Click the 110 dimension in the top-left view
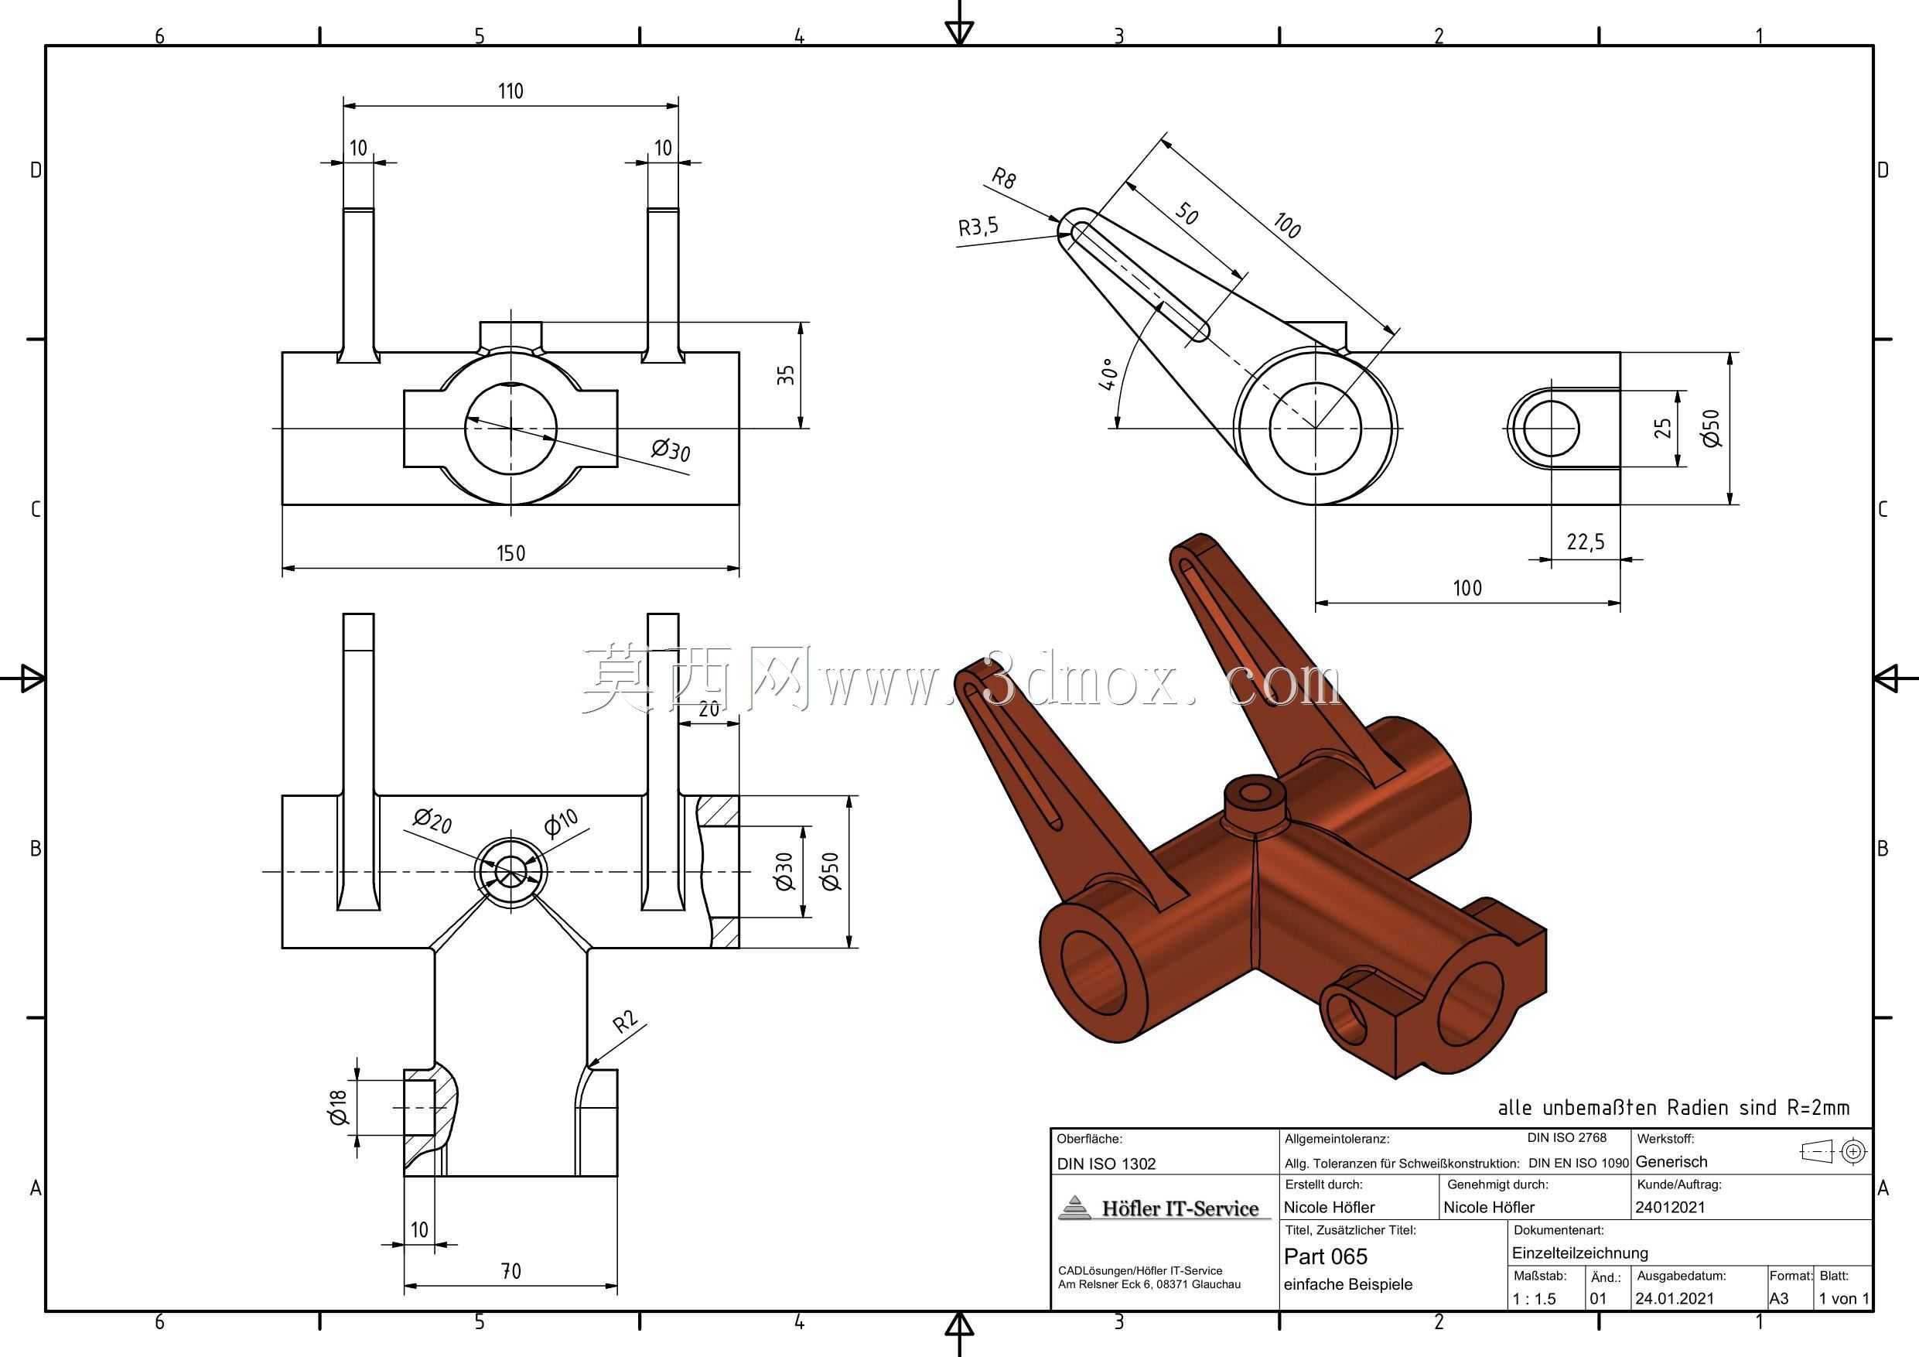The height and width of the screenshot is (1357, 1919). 510,91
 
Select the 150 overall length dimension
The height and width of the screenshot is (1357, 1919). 510,553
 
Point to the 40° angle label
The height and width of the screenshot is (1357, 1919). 1108,375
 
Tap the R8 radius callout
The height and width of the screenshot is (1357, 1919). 1004,178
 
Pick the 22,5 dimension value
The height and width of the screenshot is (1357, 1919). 1586,542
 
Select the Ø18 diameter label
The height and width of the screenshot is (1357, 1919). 339,1107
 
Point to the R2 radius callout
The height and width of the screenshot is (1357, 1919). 625,1022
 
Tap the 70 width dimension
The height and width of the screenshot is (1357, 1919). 510,1271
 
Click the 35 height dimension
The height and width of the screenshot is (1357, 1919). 785,374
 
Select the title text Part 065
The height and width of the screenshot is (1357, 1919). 1326,1256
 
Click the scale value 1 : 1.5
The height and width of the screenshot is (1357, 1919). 1535,1298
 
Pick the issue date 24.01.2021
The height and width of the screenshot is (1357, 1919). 1674,1298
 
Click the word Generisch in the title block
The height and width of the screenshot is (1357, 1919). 1671,1161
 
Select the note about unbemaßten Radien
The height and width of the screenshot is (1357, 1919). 1673,1108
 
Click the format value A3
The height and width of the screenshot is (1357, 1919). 1780,1298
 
